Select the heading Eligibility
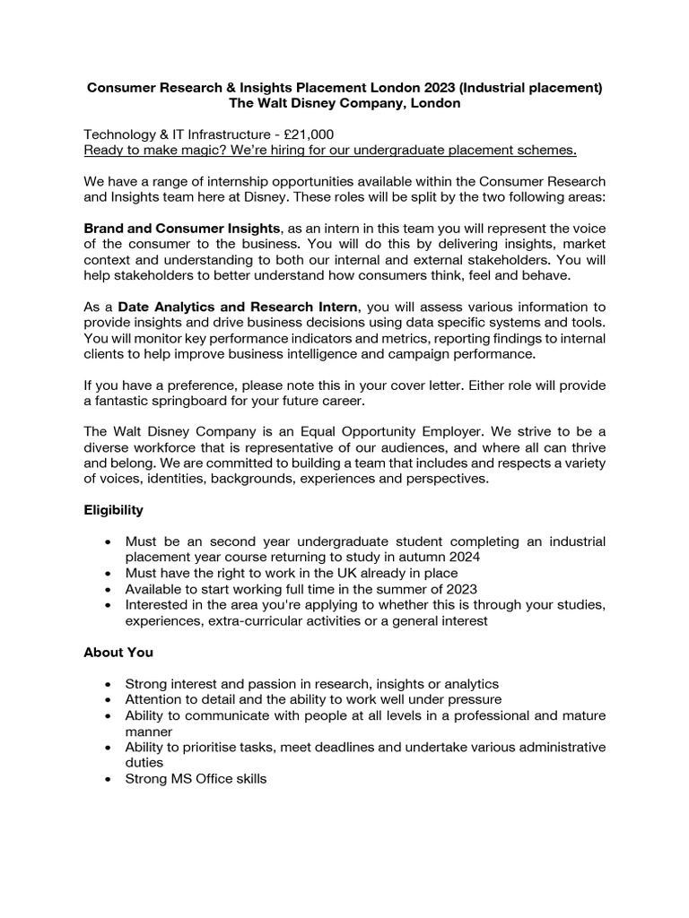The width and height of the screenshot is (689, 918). pyautogui.click(x=113, y=509)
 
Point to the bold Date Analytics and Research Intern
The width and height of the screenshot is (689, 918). pyautogui.click(x=238, y=307)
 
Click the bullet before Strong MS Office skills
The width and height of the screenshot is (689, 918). pyautogui.click(x=109, y=780)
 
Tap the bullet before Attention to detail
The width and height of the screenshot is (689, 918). pyautogui.click(x=109, y=699)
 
